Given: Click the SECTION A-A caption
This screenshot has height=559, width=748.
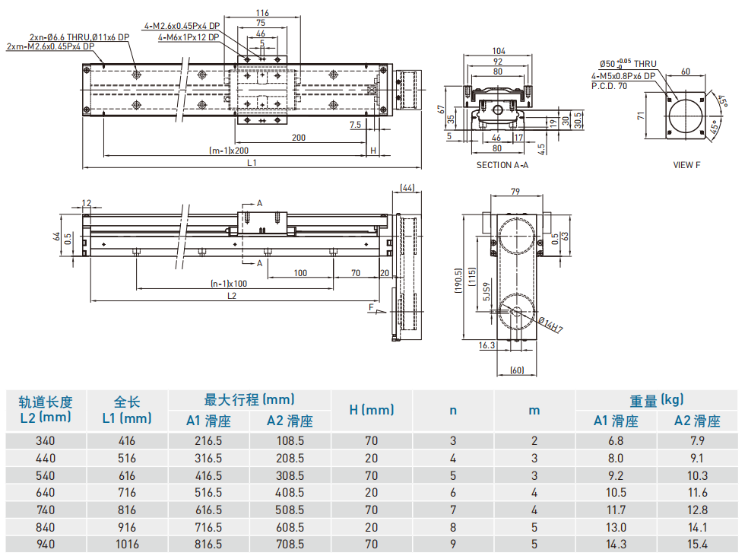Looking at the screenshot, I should coord(502,165).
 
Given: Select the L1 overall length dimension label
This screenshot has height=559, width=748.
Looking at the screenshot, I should coord(252,163).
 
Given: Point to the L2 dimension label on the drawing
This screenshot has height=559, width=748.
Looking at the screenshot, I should coord(231,296).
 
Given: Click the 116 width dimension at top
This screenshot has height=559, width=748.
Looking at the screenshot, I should coord(262,13).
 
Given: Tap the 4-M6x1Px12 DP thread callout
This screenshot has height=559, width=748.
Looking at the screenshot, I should coord(189,37).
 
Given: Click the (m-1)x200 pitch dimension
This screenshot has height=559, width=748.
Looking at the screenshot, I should coord(229,150).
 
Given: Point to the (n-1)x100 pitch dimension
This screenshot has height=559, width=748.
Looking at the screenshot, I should coord(229,284).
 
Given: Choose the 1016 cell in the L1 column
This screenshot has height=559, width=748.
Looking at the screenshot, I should coord(127,544).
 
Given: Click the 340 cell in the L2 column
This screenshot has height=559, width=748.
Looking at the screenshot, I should coord(46,440).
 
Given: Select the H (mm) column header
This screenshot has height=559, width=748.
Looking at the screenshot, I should coord(372,410).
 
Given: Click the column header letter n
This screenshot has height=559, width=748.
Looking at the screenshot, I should coord(453,410).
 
